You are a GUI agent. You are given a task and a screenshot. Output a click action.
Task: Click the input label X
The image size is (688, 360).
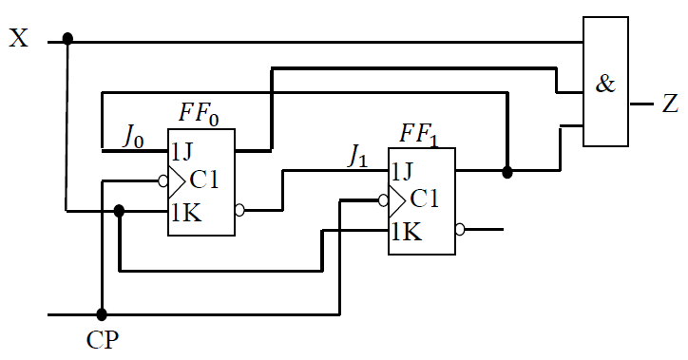click(x=20, y=40)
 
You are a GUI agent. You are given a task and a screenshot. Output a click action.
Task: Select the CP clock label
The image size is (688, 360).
click(x=102, y=339)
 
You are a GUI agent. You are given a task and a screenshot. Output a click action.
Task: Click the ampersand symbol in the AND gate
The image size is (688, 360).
click(x=605, y=85)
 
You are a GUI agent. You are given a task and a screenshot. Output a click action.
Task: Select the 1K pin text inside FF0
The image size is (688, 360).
click(x=186, y=210)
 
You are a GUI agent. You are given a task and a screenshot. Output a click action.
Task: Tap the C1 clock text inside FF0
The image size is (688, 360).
click(x=208, y=179)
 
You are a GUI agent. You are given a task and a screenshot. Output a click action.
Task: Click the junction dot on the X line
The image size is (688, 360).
click(x=67, y=39)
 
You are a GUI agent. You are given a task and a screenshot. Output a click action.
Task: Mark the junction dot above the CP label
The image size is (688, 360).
click(x=101, y=313)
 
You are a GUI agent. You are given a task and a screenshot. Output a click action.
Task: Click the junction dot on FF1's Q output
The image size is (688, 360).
click(x=507, y=172)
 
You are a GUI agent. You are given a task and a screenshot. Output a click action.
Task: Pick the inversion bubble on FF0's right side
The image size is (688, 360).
click(x=239, y=210)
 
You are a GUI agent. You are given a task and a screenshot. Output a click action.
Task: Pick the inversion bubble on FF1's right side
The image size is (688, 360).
click(x=460, y=229)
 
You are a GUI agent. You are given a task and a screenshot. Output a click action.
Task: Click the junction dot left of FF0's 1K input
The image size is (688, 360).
click(x=119, y=210)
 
